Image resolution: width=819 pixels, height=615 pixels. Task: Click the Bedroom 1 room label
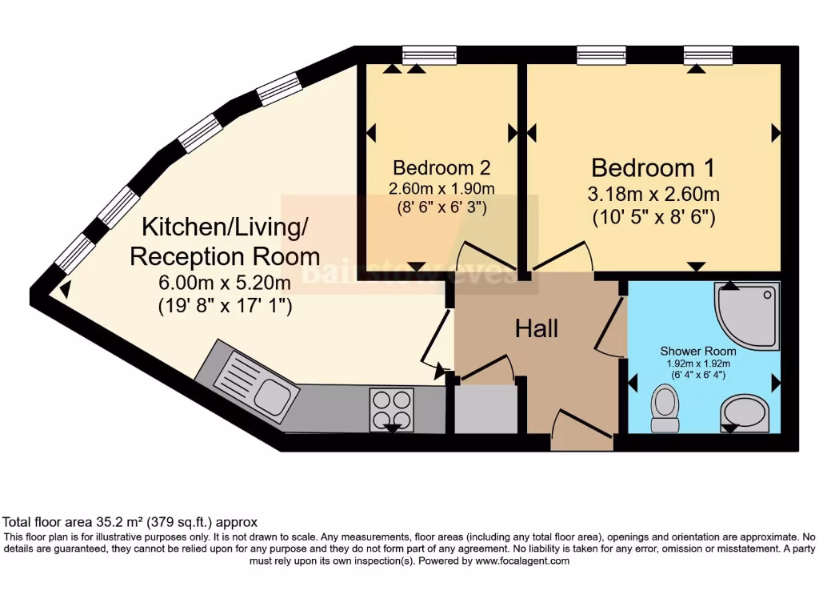[652, 168]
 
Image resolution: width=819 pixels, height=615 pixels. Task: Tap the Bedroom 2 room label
[441, 168]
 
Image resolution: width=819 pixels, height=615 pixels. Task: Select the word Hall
[536, 328]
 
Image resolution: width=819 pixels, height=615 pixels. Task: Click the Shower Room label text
[698, 351]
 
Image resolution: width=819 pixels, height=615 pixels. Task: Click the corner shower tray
[749, 315]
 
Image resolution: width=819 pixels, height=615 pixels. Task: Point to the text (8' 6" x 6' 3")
[441, 207]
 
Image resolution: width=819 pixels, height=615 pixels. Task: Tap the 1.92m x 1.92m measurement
[698, 364]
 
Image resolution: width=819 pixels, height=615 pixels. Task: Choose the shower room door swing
[613, 328]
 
